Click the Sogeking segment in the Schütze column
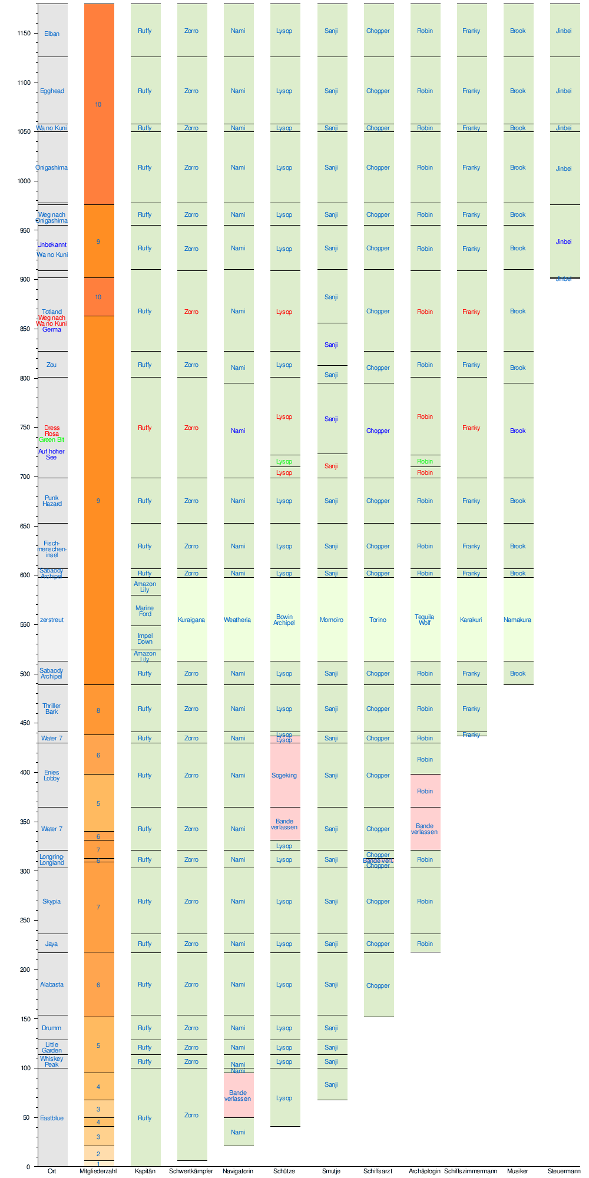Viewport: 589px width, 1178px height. (284, 775)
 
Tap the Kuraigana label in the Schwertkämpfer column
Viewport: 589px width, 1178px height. (191, 620)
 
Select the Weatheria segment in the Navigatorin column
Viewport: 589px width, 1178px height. (238, 620)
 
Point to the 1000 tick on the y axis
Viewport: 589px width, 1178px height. (24, 181)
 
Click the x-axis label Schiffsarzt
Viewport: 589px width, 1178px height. (378, 1171)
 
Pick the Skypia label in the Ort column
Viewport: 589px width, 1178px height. (52, 901)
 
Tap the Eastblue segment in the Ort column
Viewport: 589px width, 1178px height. (52, 1118)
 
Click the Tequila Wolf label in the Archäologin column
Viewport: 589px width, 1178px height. (425, 620)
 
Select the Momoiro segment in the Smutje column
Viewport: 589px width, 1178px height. (332, 620)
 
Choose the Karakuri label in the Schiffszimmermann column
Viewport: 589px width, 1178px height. (471, 620)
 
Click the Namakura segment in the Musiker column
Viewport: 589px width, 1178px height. (518, 620)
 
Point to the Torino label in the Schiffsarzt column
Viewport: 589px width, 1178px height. (378, 620)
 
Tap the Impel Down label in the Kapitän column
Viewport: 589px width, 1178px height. (145, 638)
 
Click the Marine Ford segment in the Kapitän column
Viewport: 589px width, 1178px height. (145, 611)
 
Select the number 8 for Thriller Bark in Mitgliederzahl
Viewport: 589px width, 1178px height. (98, 710)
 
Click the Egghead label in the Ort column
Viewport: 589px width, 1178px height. (52, 91)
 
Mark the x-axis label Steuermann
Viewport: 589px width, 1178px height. (564, 1171)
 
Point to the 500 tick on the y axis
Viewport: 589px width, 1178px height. (24, 674)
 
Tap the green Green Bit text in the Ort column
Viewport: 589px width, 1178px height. (52, 439)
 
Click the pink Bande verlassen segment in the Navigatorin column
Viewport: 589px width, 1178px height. (238, 1096)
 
